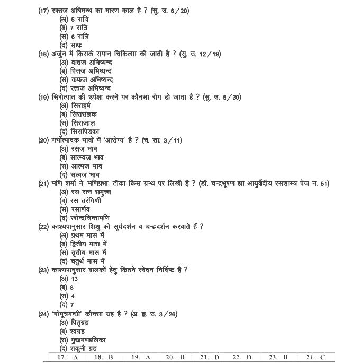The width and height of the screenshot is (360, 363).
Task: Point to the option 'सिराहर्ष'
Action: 80,105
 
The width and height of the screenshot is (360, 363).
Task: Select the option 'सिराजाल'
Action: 80,122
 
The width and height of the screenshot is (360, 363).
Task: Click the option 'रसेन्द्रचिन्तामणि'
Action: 90,218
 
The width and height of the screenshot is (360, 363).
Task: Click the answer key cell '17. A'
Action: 67,357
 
